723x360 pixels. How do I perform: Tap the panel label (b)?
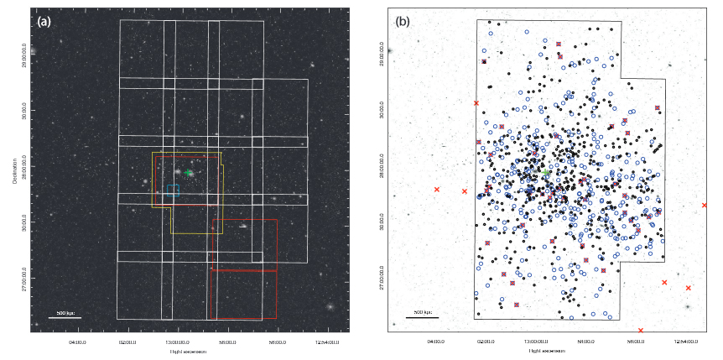pyautogui.click(x=403, y=21)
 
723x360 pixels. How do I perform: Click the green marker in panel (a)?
pyautogui.click(x=190, y=173)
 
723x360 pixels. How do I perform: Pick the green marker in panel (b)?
pyautogui.click(x=547, y=173)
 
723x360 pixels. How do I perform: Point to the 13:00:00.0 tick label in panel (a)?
pyautogui.click(x=176, y=342)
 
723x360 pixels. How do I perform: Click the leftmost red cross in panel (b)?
pyautogui.click(x=437, y=190)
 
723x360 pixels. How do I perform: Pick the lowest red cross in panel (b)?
pyautogui.click(x=641, y=330)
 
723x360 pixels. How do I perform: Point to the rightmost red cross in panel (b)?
pyautogui.click(x=705, y=205)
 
